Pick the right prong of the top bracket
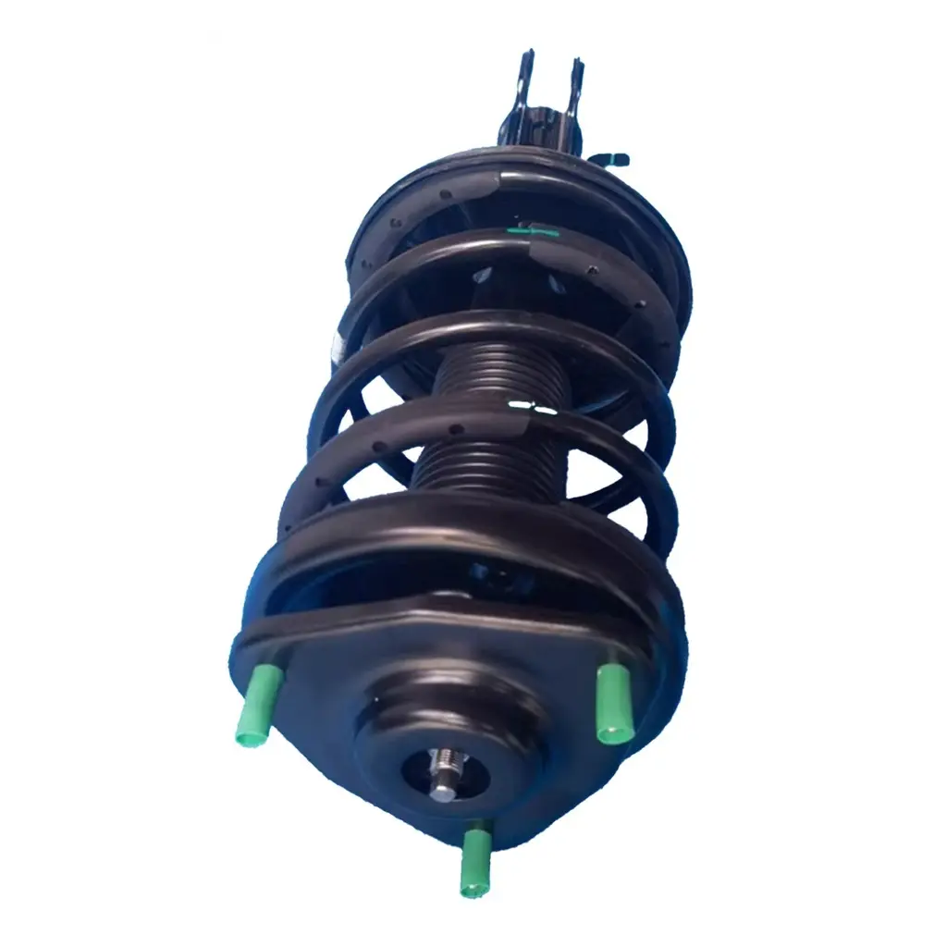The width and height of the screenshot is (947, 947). pos(576,88)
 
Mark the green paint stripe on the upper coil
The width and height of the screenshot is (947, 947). pos(536,231)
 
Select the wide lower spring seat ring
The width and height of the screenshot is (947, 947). pos(462,536)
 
